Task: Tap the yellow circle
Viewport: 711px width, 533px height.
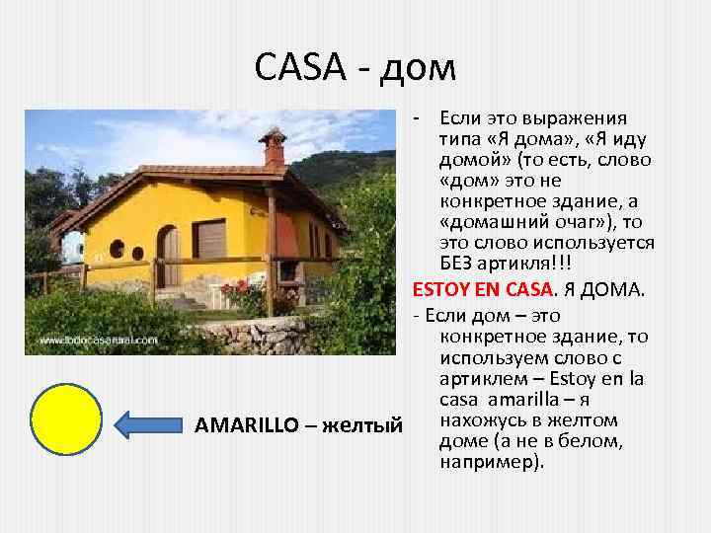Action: click(66, 422)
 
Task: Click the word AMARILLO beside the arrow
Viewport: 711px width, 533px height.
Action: click(247, 426)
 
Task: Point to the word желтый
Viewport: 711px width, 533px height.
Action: click(361, 426)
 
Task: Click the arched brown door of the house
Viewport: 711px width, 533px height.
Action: click(169, 257)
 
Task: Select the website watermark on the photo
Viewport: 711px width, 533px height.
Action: click(98, 341)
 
